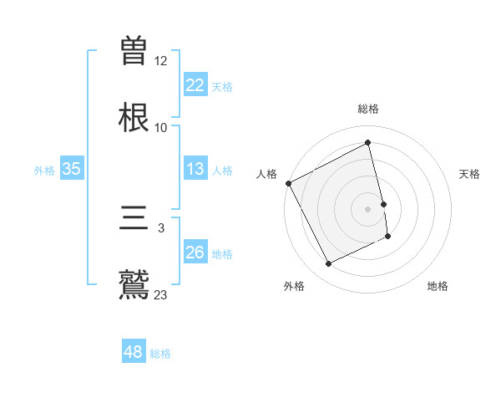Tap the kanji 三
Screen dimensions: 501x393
click(134, 220)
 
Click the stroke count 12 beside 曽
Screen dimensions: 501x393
click(161, 61)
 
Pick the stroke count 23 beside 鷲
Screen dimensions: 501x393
click(161, 294)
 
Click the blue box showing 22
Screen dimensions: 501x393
click(195, 85)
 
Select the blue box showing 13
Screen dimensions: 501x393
click(195, 169)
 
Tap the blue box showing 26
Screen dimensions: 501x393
click(195, 253)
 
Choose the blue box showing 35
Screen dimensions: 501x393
click(71, 169)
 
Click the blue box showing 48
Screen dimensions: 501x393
click(134, 352)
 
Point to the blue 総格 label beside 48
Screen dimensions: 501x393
click(160, 354)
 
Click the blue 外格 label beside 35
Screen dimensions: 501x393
click(44, 171)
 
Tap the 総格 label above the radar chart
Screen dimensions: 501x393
click(368, 110)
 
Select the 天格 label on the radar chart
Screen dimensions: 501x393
click(470, 174)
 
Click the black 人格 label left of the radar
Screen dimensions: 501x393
click(266, 174)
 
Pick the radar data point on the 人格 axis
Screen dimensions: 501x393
click(288, 183)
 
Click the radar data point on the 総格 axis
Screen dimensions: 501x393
click(368, 143)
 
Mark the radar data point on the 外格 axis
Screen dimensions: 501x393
click(329, 264)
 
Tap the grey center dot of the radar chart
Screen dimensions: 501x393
click(368, 208)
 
